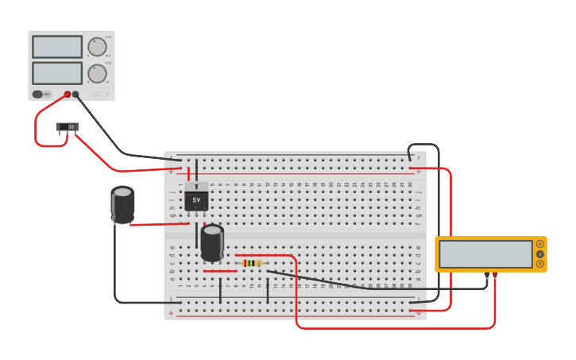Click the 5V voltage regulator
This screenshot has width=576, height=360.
click(196, 198)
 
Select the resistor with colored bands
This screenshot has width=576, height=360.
click(252, 263)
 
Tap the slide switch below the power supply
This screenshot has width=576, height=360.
click(68, 127)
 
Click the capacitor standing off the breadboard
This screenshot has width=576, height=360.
click(122, 205)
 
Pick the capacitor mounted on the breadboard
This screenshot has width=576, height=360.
click(212, 242)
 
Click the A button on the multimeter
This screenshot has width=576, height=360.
click(540, 244)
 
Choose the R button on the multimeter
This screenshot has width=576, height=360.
click(540, 264)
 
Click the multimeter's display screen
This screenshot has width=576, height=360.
click(485, 254)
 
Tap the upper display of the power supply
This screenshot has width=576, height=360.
click(57, 47)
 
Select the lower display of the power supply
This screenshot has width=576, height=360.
click(57, 73)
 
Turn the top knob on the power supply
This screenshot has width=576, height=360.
click(97, 47)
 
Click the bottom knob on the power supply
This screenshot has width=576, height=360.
click(97, 74)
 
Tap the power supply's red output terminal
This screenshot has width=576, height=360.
click(68, 95)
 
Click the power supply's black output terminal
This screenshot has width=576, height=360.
click(75, 95)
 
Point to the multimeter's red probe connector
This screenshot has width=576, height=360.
click(495, 275)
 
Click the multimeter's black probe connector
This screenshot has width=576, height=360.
click(487, 275)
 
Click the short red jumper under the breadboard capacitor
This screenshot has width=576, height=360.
click(220, 271)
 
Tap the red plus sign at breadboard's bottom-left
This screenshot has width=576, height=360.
click(171, 313)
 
